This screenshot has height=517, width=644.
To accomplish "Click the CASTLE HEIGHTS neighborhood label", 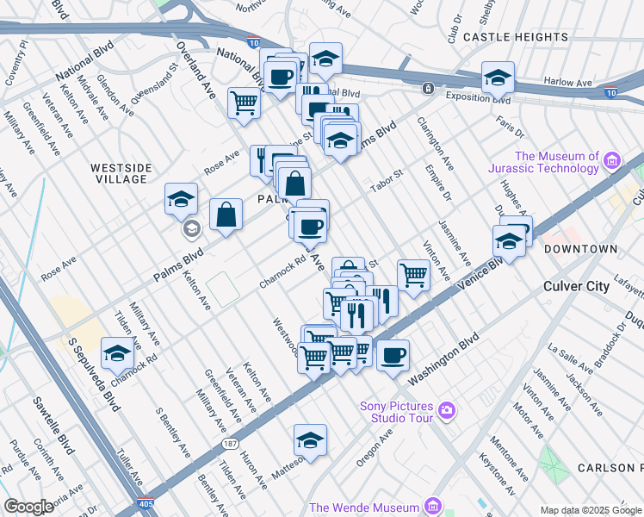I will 516,37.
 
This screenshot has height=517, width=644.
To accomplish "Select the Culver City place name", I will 576,285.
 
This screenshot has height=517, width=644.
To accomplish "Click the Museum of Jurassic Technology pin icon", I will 612,160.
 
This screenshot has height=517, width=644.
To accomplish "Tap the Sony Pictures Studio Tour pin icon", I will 446,410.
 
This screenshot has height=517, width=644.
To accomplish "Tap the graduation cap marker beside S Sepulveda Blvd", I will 117,352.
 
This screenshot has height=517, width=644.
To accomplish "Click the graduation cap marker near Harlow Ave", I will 498,78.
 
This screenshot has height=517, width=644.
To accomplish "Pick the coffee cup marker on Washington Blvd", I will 393,355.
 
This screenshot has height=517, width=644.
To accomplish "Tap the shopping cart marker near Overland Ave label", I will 245,103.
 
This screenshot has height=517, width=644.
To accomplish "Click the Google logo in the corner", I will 28,507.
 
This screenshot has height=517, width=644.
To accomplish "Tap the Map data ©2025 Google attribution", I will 590,510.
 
